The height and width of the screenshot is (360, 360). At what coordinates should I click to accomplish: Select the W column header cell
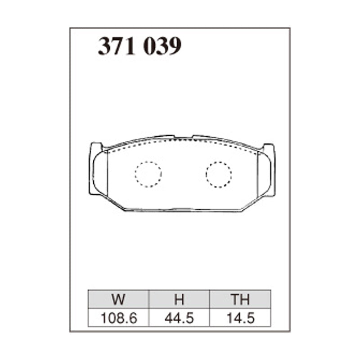[118, 299]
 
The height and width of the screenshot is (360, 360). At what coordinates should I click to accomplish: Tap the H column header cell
[179, 299]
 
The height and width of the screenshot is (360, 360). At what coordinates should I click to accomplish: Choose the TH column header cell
[240, 299]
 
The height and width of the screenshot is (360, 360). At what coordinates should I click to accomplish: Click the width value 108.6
[119, 318]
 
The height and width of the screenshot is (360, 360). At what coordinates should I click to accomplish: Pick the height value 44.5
[179, 318]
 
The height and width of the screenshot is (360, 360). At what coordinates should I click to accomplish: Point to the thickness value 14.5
[241, 318]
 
